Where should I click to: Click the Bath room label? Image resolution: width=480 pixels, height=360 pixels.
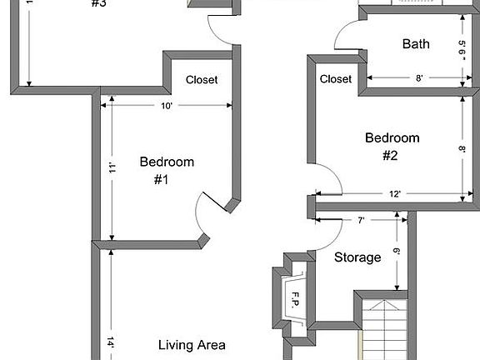point(416,43)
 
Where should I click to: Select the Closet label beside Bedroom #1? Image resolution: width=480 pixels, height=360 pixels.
point(202,80)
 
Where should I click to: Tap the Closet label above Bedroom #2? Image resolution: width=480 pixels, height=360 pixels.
point(336,79)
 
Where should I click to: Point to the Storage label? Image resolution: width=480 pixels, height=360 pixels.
point(357,257)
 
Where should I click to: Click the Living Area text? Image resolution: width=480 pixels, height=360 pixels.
point(192,344)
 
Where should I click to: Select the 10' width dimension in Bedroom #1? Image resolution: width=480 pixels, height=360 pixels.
point(167,106)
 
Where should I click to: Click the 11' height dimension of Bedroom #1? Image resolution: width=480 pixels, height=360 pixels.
point(111,169)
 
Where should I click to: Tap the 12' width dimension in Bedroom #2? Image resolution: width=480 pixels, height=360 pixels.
point(395,194)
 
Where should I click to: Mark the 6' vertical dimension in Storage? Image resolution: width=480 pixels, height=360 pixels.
point(397,251)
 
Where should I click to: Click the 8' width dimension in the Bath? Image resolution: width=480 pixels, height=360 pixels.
point(420,78)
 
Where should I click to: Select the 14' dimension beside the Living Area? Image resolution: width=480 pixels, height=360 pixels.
point(111,342)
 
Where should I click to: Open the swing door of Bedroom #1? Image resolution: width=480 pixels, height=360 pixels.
point(208,213)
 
